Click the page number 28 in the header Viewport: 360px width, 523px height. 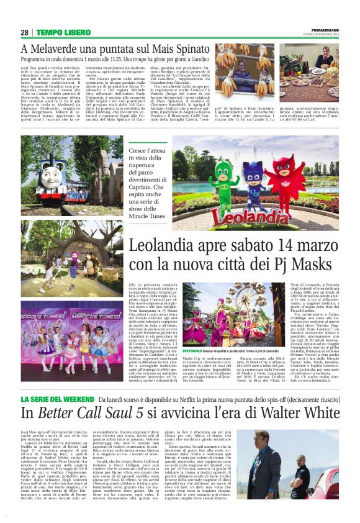pos(25,32)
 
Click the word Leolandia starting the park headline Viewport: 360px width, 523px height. pos(165,246)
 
